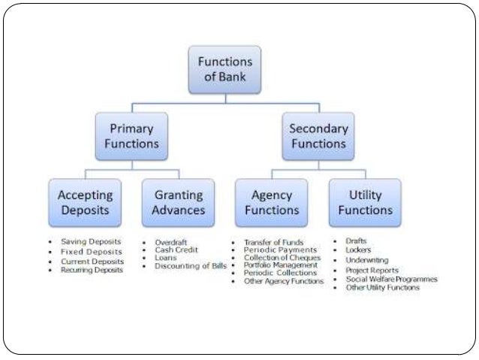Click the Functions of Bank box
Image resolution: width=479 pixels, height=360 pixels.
coord(224,69)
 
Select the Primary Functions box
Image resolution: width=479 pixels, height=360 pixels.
coord(131,135)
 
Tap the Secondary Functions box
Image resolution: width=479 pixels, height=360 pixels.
coord(318,135)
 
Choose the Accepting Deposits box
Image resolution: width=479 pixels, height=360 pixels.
coord(85,202)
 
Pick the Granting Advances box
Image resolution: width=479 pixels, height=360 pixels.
coord(178,202)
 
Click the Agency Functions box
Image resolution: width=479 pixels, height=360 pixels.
coord(271,202)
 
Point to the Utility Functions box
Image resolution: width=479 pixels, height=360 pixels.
coord(365,202)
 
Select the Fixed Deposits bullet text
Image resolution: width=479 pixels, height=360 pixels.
coord(91,251)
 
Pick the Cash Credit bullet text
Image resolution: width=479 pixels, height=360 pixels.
coord(176,250)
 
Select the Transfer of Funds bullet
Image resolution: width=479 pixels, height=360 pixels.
coord(274,243)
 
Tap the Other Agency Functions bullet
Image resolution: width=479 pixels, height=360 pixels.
coord(284,281)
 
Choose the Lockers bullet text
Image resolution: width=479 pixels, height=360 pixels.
coord(359,250)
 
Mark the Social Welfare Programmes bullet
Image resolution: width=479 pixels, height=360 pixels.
coord(391,279)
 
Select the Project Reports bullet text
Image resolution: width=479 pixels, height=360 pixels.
coord(372,271)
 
